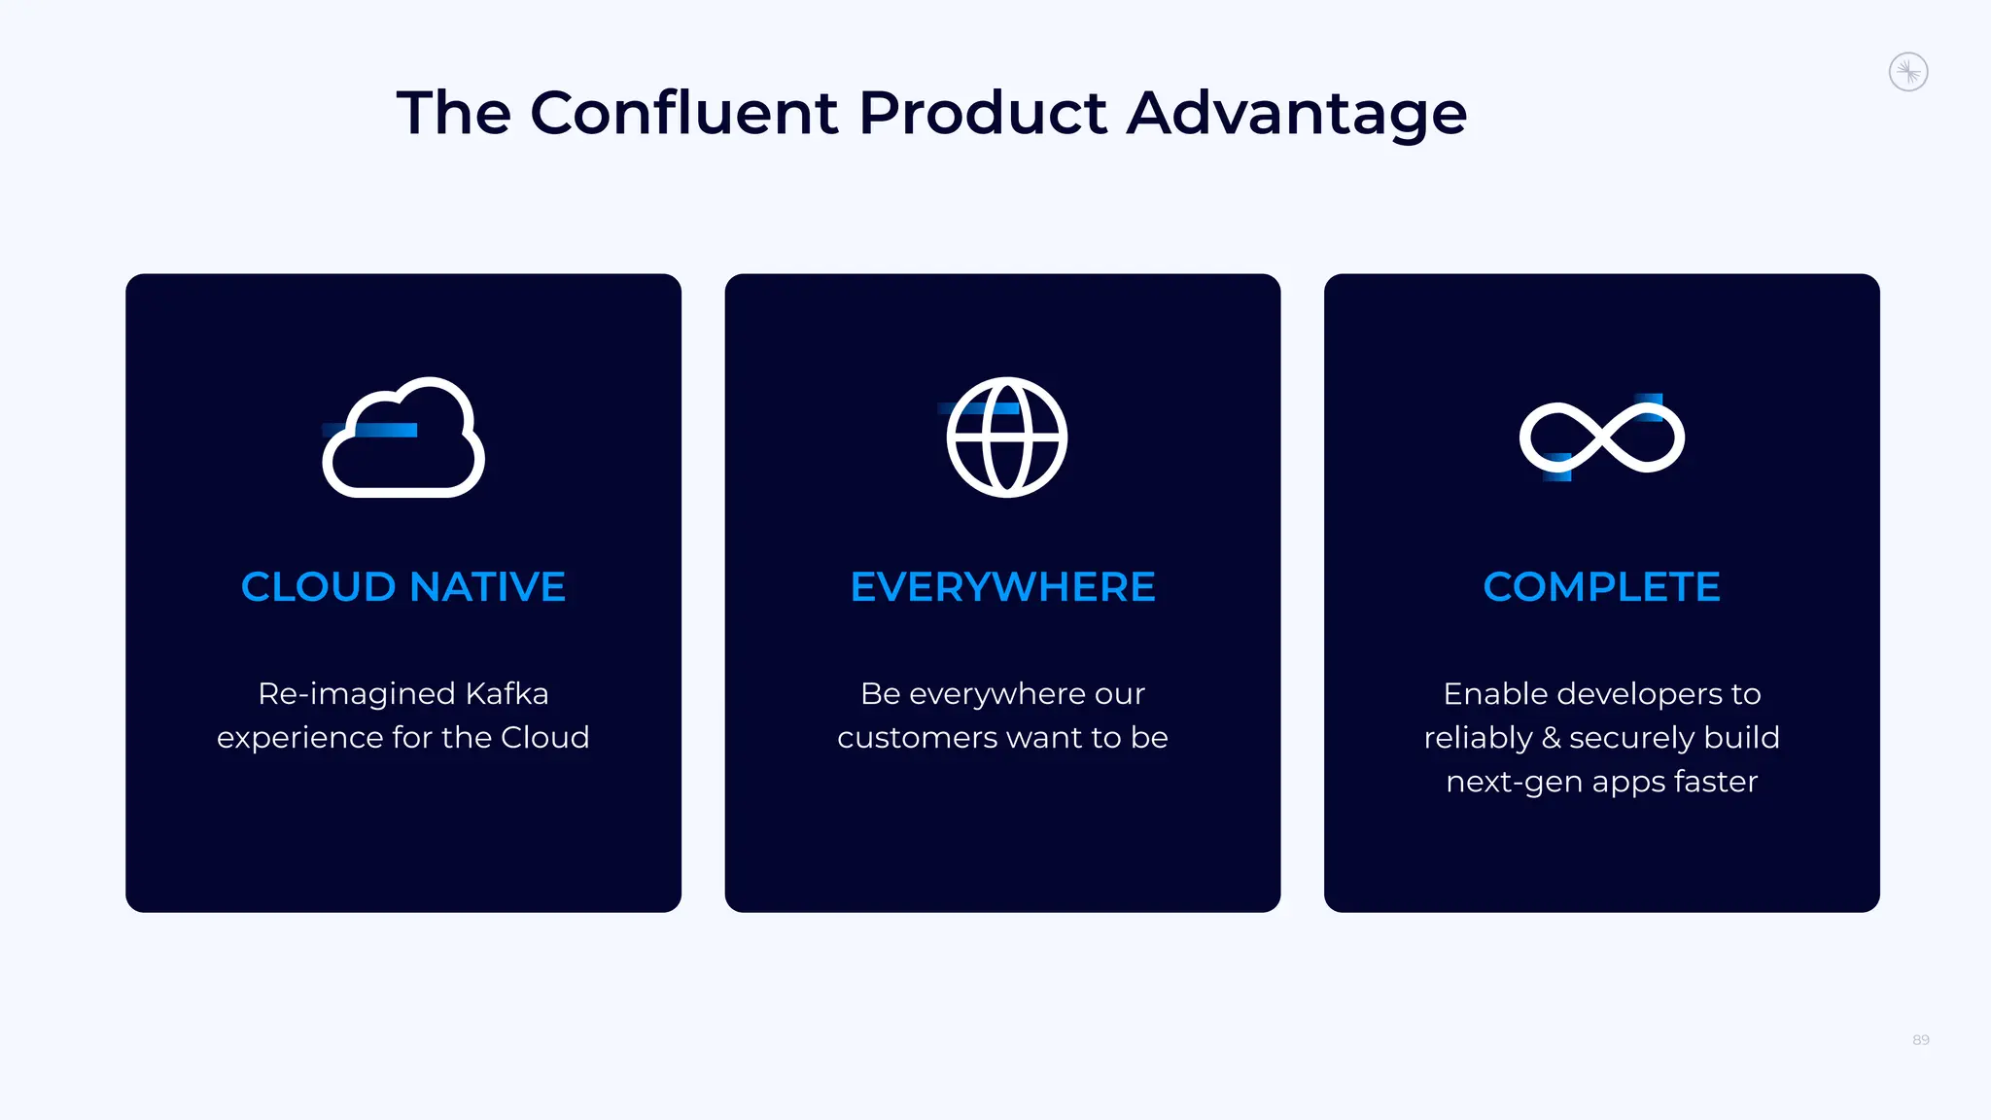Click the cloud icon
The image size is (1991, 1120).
(403, 438)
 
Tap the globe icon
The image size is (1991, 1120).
(1006, 437)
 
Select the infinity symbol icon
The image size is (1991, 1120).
(1602, 437)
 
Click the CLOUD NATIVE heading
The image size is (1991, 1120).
(403, 587)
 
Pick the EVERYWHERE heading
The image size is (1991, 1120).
(1002, 587)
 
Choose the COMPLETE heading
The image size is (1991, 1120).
(1601, 587)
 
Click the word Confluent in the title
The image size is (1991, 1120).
(684, 113)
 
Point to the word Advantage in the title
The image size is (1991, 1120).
(1297, 115)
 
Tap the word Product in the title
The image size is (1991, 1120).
(983, 113)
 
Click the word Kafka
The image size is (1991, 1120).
(506, 693)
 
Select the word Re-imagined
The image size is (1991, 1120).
(356, 695)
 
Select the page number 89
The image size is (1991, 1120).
(1920, 1040)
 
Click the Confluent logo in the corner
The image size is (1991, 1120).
(1908, 72)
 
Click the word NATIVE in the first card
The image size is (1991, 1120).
(487, 587)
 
